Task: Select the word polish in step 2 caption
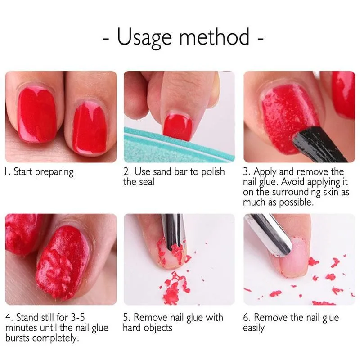[x=212, y=171]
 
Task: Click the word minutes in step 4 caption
[x=20, y=327]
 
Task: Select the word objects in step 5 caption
[x=158, y=328]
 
